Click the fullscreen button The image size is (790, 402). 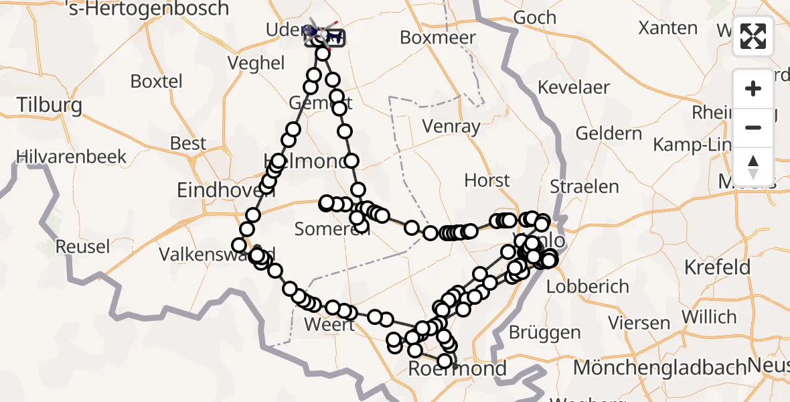753,36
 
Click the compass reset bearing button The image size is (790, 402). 753,165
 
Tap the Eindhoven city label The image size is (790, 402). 226,190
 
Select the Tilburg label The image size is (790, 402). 50,105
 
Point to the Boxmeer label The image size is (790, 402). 438,38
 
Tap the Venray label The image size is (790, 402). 451,126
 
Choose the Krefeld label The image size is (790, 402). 717,267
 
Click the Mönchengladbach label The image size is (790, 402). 659,368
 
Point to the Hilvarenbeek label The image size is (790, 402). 72,157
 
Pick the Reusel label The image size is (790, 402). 82,247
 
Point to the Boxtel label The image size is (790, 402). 156,81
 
